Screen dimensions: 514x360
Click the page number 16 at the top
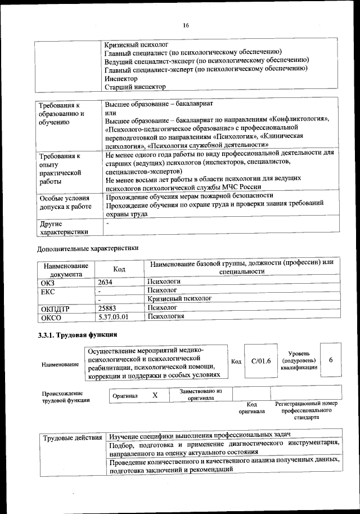[x=186, y=25]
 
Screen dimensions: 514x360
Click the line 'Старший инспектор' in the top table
[x=135, y=87]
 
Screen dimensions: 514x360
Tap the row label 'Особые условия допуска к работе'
[x=65, y=203]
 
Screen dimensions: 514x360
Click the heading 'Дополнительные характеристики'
[x=87, y=248]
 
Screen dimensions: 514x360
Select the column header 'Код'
[x=119, y=270]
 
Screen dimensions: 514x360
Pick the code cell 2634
[x=106, y=281]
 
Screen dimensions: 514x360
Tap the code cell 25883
[x=108, y=309]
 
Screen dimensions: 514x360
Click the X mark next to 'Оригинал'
[x=155, y=396]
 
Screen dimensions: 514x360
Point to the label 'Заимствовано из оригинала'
[x=201, y=394]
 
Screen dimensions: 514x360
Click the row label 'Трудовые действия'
[x=71, y=437]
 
